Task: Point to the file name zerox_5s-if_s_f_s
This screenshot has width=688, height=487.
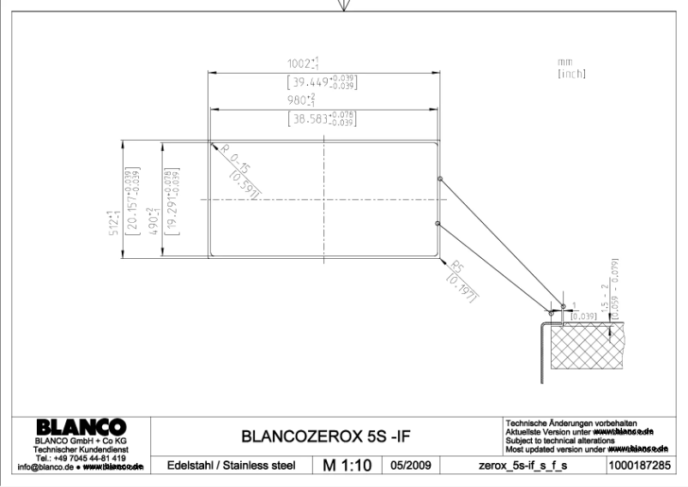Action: (529, 466)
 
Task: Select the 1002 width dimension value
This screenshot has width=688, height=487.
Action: (304, 64)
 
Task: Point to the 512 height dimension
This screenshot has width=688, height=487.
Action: (117, 199)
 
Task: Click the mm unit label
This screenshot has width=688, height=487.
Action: (564, 62)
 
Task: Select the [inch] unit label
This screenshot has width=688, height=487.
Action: (571, 74)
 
